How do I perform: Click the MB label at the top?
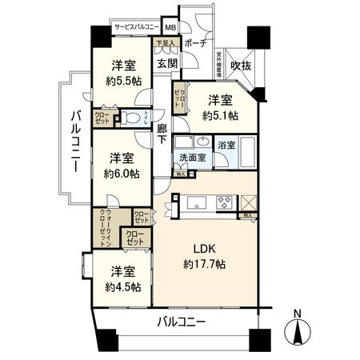point(171,26)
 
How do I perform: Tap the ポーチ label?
point(194,43)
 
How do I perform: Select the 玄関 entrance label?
point(167,62)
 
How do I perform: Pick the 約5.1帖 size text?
point(220,115)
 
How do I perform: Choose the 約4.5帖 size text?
point(122,286)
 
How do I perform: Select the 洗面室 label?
point(193,158)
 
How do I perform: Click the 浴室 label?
point(226,145)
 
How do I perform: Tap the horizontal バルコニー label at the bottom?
point(181,322)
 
